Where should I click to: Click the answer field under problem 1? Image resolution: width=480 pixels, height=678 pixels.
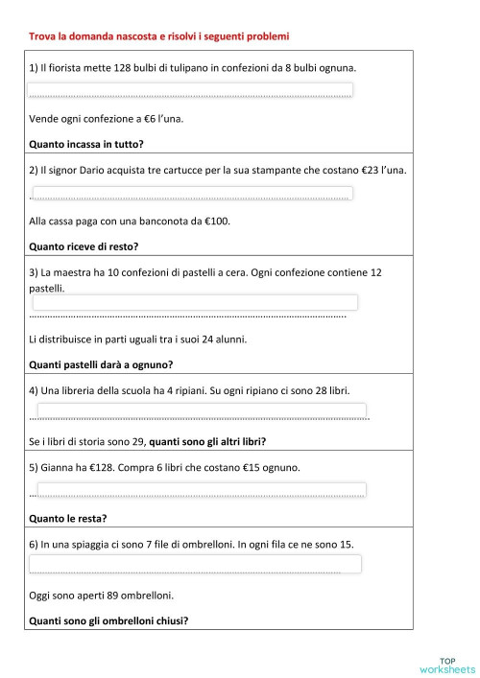coord(190,91)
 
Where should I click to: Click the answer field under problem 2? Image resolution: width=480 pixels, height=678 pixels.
coord(192,194)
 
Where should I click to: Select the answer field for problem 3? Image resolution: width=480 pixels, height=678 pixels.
coord(195,303)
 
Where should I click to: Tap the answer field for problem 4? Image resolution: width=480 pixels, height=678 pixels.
coord(199,412)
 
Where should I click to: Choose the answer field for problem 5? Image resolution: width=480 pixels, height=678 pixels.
coord(199,490)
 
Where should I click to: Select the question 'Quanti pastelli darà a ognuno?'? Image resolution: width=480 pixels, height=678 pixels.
coord(101,363)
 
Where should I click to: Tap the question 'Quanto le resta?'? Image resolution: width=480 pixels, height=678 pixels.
coord(68,518)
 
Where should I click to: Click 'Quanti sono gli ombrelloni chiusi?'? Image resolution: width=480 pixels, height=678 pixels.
coord(108,620)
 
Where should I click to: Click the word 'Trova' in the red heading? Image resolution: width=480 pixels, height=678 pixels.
coord(43,36)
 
